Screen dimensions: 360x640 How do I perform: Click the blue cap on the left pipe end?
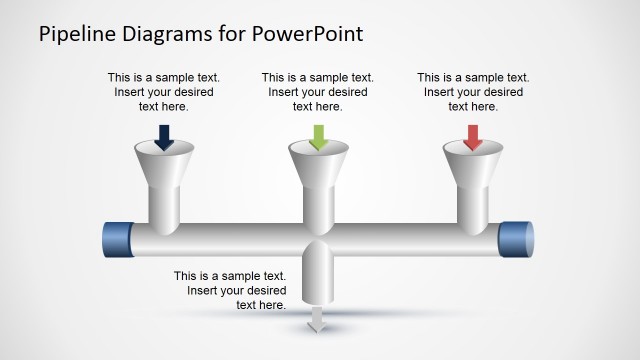point(118,241)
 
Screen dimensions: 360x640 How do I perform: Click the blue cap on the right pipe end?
point(517,241)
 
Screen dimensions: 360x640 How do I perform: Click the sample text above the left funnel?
point(164,91)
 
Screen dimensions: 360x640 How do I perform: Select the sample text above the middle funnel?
point(318,91)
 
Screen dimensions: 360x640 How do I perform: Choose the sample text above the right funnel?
point(473,91)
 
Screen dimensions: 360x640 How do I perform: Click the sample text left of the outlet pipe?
point(230,290)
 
